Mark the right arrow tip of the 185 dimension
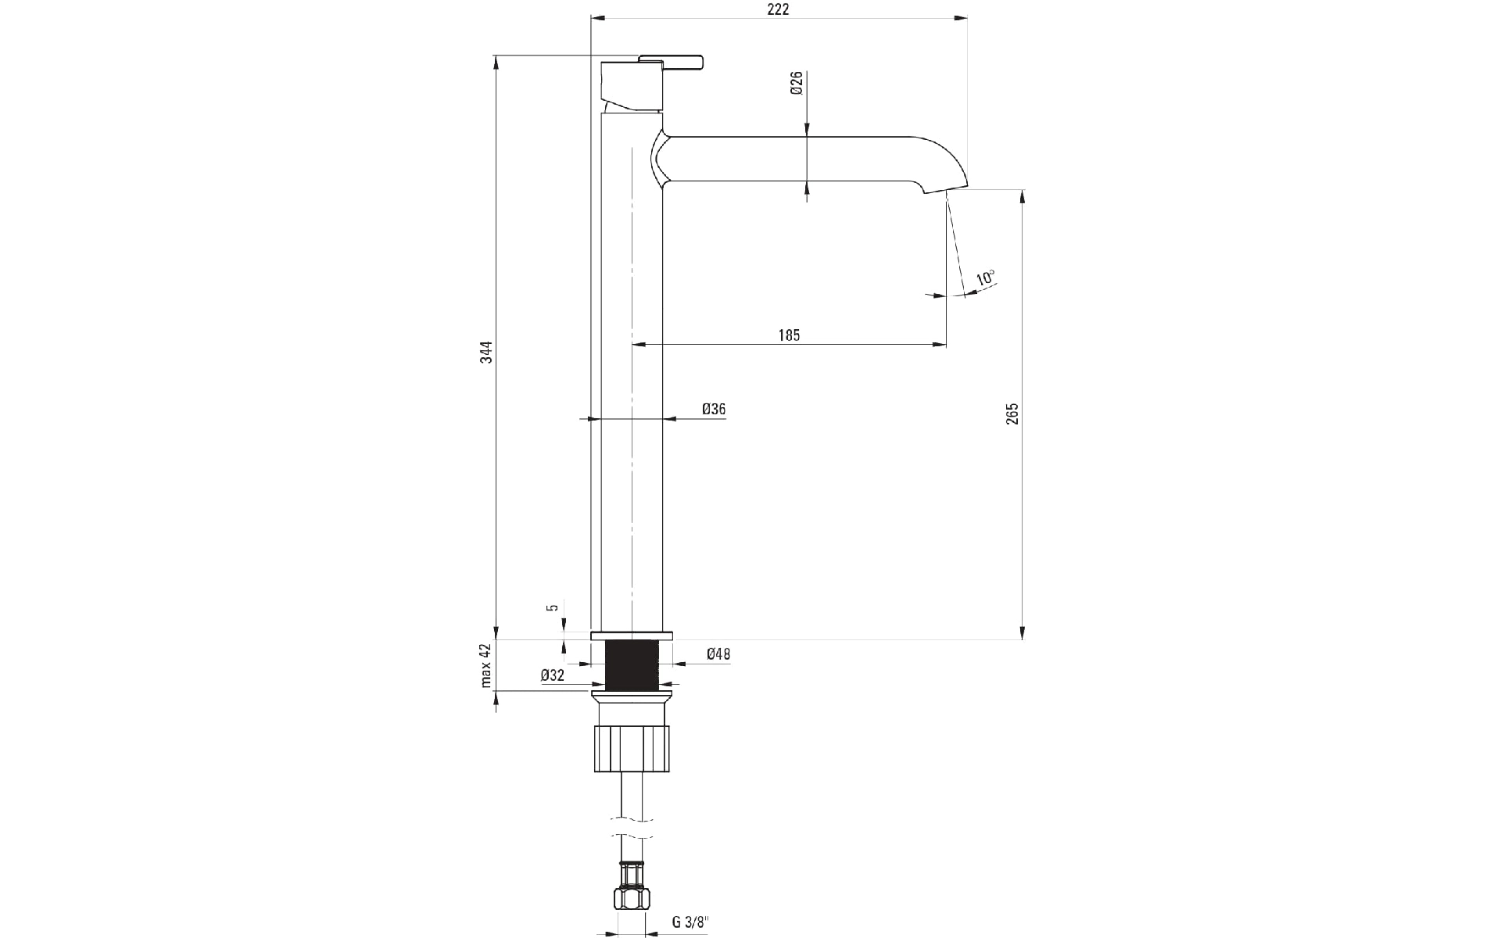(x=947, y=344)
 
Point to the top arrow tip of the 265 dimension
(x=1022, y=189)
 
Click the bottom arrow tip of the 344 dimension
(x=496, y=639)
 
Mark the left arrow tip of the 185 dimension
(x=632, y=344)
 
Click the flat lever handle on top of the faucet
(x=671, y=62)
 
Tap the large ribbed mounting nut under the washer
(x=632, y=749)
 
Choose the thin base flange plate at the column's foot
(x=632, y=635)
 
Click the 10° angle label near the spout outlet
(x=985, y=278)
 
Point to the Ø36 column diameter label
(x=714, y=409)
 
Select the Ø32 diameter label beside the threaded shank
(x=552, y=676)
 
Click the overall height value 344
(x=485, y=353)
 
